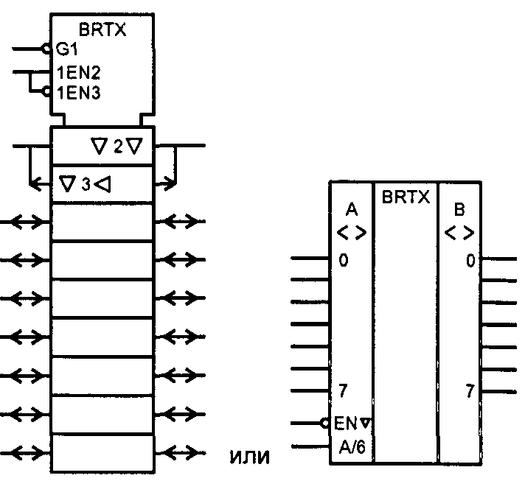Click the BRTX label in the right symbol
[x=405, y=197]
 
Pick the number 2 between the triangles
[x=118, y=147]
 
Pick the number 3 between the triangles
[x=86, y=184]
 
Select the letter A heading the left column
[x=351, y=211]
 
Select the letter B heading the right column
[x=459, y=211]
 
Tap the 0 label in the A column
[x=344, y=260]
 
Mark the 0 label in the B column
[x=470, y=260]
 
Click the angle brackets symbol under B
[x=460, y=234]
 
